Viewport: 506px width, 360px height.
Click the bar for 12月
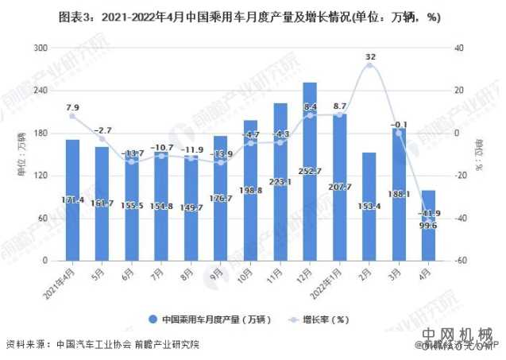point(310,172)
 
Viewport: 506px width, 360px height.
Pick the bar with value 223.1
point(280,182)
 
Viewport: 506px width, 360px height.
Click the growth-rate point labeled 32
point(369,66)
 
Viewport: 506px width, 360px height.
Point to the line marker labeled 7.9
point(72,116)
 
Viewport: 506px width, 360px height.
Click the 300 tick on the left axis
point(38,48)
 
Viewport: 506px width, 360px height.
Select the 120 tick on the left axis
point(38,176)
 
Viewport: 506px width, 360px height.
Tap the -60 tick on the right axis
point(458,261)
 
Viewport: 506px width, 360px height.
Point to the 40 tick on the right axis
point(458,48)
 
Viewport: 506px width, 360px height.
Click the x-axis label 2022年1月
point(334,279)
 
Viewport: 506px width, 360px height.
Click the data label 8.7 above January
point(340,106)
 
